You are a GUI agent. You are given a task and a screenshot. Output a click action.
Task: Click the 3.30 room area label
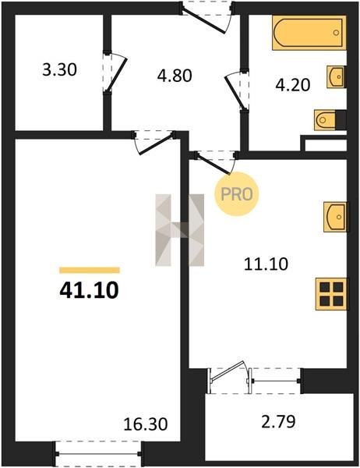click(x=60, y=70)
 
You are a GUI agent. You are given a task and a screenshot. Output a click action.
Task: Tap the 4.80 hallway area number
click(x=175, y=76)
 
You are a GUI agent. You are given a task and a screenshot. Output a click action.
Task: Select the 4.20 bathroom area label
click(x=293, y=85)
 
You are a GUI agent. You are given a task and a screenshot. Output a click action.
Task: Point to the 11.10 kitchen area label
click(x=266, y=264)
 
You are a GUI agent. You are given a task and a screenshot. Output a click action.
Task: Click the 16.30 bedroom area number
click(x=146, y=424)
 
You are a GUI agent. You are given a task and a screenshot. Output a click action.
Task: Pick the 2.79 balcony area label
click(x=279, y=422)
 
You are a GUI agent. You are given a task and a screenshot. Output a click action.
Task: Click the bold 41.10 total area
click(x=89, y=291)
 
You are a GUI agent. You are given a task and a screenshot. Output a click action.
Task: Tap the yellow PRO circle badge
click(x=237, y=194)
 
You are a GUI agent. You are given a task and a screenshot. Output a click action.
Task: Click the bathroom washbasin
click(x=336, y=77)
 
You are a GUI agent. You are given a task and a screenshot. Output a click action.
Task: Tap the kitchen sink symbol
click(x=335, y=217)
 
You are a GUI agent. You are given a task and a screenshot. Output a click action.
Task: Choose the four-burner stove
click(x=331, y=294)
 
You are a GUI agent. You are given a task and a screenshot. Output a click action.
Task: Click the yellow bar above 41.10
click(x=90, y=270)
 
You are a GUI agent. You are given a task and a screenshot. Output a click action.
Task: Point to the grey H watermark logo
click(x=180, y=230)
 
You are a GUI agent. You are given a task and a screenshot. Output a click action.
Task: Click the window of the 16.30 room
click(x=98, y=454)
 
